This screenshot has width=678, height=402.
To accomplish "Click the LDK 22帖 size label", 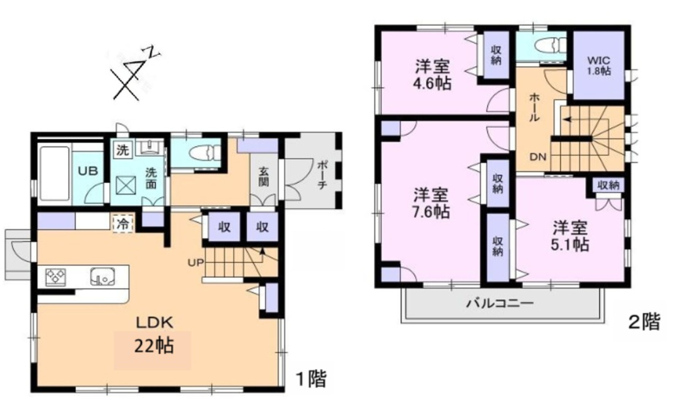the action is click(x=154, y=346).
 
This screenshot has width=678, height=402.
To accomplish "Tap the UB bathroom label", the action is click(x=88, y=171).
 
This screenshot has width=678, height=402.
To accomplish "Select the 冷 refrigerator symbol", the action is click(x=123, y=224).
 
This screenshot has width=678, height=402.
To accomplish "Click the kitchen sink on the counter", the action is click(x=103, y=276).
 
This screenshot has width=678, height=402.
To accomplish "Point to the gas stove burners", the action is click(x=56, y=278).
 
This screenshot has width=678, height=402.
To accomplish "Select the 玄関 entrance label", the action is click(x=263, y=177).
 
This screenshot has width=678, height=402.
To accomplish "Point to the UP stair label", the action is click(x=195, y=263).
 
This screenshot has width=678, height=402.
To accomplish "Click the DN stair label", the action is click(x=538, y=157).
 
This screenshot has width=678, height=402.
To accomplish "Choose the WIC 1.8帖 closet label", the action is click(x=599, y=66).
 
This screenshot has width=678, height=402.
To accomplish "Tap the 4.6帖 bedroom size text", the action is click(x=432, y=84).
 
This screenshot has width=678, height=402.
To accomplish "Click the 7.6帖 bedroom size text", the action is click(x=431, y=212).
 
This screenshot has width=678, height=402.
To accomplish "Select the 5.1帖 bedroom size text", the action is click(x=569, y=244).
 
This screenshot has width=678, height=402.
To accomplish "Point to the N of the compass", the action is click(x=154, y=52).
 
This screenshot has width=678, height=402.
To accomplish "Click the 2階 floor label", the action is click(x=645, y=322).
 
